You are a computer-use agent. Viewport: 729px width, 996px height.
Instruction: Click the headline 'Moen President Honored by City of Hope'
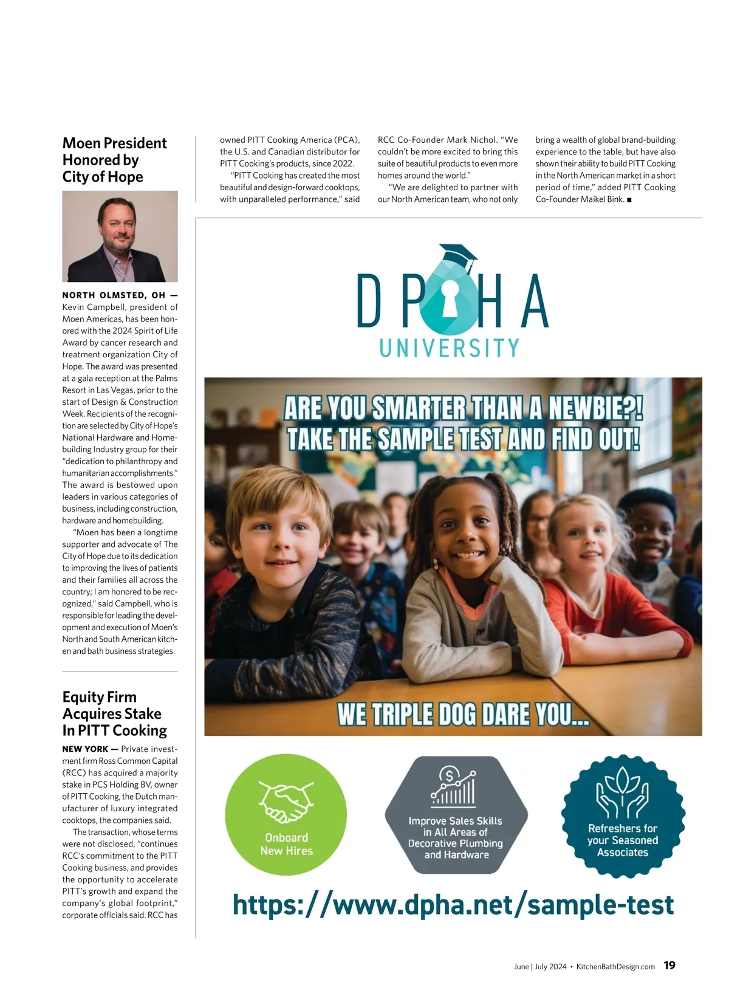click(114, 160)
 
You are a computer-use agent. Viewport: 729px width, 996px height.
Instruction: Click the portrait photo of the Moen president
click(120, 236)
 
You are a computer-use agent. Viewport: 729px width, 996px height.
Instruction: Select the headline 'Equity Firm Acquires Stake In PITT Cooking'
click(114, 713)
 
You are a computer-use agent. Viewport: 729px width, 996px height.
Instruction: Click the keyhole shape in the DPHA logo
click(450, 297)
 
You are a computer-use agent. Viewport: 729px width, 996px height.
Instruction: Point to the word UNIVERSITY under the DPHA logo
click(449, 348)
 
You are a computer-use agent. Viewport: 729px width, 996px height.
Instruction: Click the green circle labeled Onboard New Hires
click(286, 815)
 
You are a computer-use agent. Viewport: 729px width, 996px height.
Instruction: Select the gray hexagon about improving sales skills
click(456, 815)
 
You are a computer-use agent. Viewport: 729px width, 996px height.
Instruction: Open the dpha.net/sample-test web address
click(453, 905)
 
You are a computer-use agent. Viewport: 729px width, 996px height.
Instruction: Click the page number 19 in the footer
click(669, 966)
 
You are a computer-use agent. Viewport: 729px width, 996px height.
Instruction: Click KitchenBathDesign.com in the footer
click(615, 967)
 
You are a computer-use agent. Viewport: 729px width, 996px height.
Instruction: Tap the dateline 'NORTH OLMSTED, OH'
click(114, 295)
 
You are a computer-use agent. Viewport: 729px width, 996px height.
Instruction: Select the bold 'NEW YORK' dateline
click(85, 749)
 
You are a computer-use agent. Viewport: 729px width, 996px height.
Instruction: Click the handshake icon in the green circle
click(286, 800)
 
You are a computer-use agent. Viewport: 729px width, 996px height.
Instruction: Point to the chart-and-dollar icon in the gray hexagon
click(453, 788)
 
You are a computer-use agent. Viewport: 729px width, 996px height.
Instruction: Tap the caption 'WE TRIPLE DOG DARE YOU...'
click(463, 714)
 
